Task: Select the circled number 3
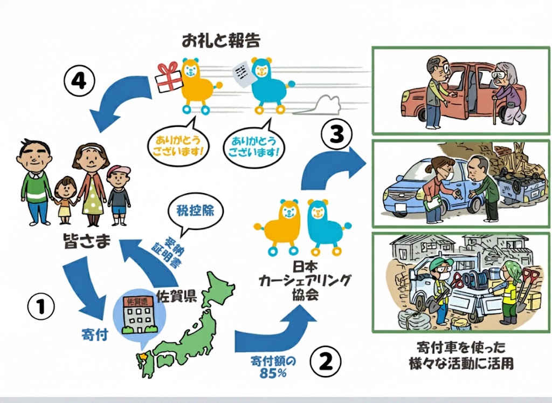point(336,134)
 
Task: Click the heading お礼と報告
point(221,40)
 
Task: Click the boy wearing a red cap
point(119,194)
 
